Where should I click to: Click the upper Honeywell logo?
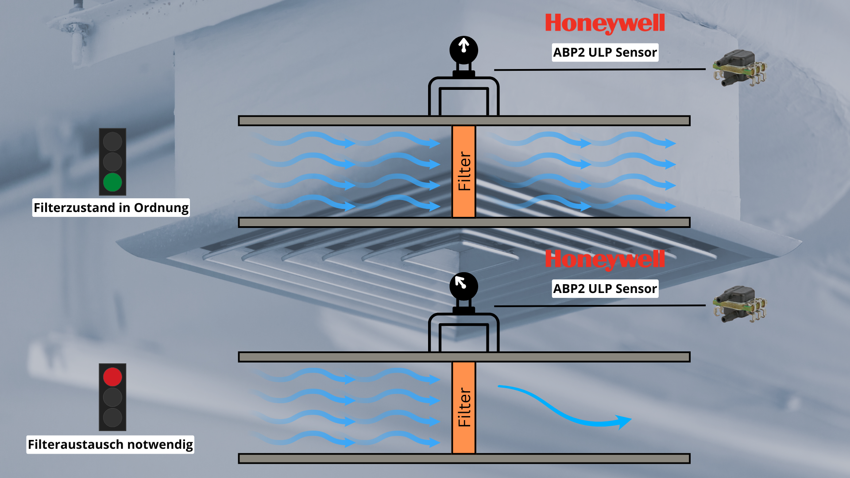coord(605,23)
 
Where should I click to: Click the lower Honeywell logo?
coord(605,259)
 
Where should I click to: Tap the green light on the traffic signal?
coord(112,182)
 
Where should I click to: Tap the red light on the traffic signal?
coord(112,377)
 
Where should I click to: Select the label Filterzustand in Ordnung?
coord(111,208)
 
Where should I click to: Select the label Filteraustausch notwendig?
coord(110,444)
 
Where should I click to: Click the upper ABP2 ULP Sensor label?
coord(605,52)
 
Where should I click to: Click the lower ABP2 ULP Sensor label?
coord(605,289)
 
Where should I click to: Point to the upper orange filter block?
coord(464,171)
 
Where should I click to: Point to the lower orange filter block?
coord(464,408)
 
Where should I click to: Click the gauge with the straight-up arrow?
coord(464,50)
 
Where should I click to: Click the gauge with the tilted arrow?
coord(464,286)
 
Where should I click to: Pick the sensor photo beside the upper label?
coord(738,68)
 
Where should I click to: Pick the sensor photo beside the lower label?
coord(738,304)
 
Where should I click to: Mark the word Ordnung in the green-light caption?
coord(161,208)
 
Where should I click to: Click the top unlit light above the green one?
coord(112,142)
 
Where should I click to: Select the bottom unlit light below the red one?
coord(112,417)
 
